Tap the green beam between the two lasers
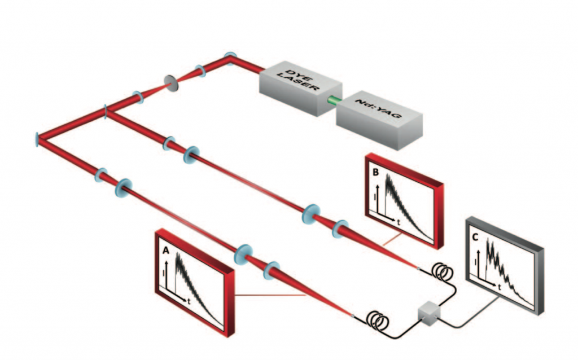pyautogui.click(x=334, y=102)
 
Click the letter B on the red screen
pyautogui.click(x=375, y=173)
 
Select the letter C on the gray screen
pyautogui.click(x=476, y=238)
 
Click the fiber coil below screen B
pyautogui.click(x=442, y=272)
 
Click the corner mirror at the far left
pyautogui.click(x=38, y=138)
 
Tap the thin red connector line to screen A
pyautogui.click(x=271, y=295)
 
